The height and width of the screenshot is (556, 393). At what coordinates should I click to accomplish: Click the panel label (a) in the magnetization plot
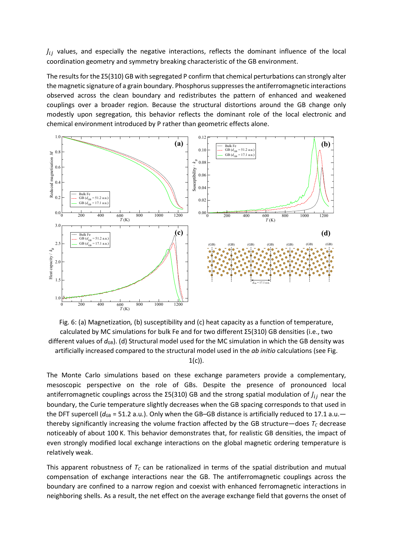click(x=179, y=144)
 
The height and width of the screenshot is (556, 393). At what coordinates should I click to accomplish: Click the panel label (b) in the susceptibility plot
click(x=326, y=144)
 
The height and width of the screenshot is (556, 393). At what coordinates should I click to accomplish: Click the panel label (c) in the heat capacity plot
click(x=179, y=233)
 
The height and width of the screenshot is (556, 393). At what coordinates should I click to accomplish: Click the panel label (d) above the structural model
click(x=326, y=233)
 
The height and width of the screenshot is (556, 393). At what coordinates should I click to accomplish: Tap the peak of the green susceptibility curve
click(x=314, y=138)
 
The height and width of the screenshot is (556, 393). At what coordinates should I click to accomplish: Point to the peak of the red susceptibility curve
click(x=320, y=150)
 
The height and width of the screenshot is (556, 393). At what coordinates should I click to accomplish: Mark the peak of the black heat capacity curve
click(x=175, y=235)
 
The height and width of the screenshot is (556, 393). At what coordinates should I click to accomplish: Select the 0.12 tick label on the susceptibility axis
click(x=202, y=137)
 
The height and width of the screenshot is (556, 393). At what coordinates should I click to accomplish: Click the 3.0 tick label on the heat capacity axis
click(x=58, y=226)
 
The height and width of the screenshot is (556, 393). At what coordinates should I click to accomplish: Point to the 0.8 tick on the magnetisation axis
click(x=58, y=152)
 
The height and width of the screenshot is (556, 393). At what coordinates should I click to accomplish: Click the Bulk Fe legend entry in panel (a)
click(x=85, y=194)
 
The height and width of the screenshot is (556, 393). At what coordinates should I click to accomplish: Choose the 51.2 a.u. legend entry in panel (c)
click(x=94, y=239)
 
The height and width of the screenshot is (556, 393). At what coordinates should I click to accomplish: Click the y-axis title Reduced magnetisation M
click(x=51, y=175)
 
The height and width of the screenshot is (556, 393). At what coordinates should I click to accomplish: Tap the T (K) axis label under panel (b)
click(x=270, y=220)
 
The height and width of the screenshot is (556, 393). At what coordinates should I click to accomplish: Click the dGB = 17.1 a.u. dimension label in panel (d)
click(x=261, y=283)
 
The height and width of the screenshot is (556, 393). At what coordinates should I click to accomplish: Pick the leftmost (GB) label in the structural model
click(x=212, y=244)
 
